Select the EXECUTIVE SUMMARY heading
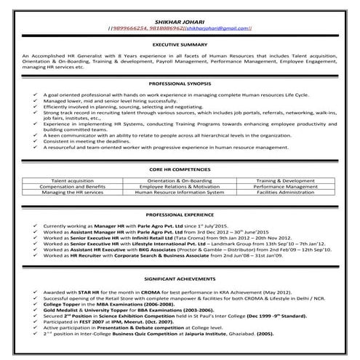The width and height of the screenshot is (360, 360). tap(180, 45)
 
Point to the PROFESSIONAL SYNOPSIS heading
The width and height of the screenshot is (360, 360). tap(180, 84)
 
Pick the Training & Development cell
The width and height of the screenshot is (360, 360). tap(287, 179)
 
